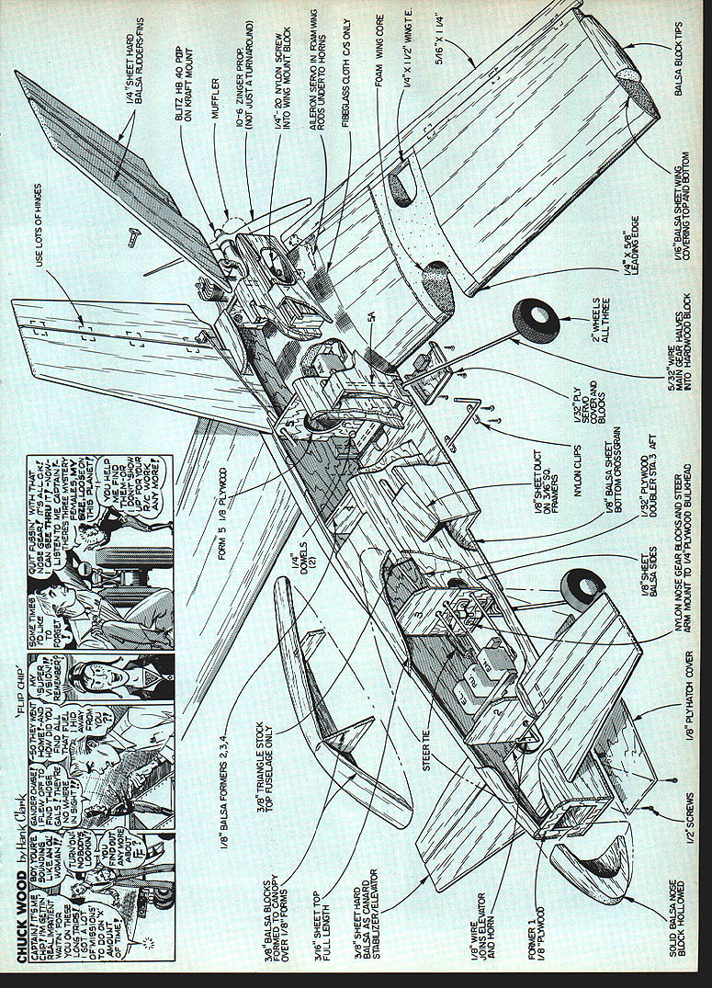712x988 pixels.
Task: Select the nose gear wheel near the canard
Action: coord(584,584)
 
